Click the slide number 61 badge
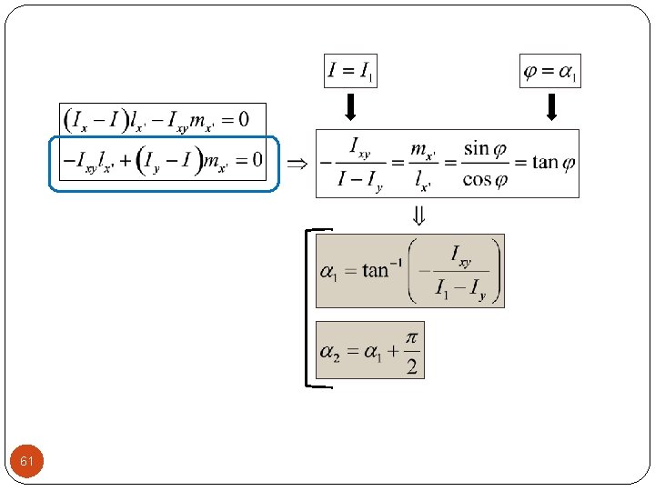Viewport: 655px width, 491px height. (x=27, y=462)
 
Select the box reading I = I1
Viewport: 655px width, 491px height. (x=350, y=71)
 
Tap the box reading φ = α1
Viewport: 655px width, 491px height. (x=549, y=71)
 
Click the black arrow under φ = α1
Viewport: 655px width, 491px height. (x=550, y=108)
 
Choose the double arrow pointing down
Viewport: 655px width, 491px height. (x=418, y=216)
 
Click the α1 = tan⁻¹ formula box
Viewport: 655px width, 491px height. (x=409, y=270)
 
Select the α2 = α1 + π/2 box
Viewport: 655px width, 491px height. (x=370, y=350)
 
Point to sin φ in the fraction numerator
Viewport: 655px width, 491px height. (x=482, y=147)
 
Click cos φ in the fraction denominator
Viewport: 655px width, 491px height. (x=482, y=179)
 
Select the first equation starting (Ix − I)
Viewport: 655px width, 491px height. (x=163, y=118)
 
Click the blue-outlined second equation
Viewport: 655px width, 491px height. (x=163, y=162)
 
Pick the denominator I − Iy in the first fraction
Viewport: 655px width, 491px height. (x=360, y=180)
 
